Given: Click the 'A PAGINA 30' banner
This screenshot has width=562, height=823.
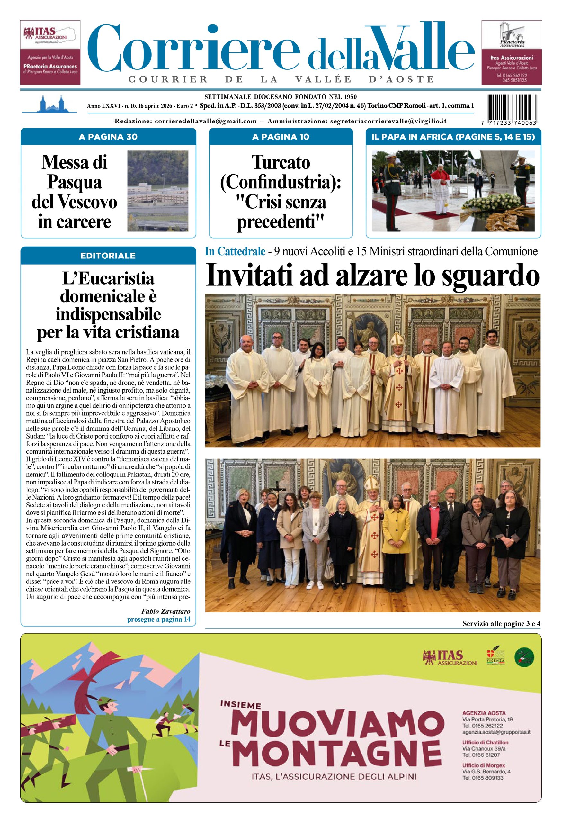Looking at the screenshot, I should click(108, 137).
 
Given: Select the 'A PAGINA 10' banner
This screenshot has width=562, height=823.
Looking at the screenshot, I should click(281, 137).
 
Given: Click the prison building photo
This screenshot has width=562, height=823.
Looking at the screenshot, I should click(157, 191).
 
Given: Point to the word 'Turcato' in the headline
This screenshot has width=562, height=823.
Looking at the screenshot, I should click(281, 163).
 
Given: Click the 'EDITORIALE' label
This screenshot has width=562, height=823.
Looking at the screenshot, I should click(108, 256).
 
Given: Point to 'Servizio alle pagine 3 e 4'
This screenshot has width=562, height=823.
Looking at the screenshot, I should click(501, 624).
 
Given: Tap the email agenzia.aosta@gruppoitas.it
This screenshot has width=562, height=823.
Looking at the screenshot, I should click(496, 732).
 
